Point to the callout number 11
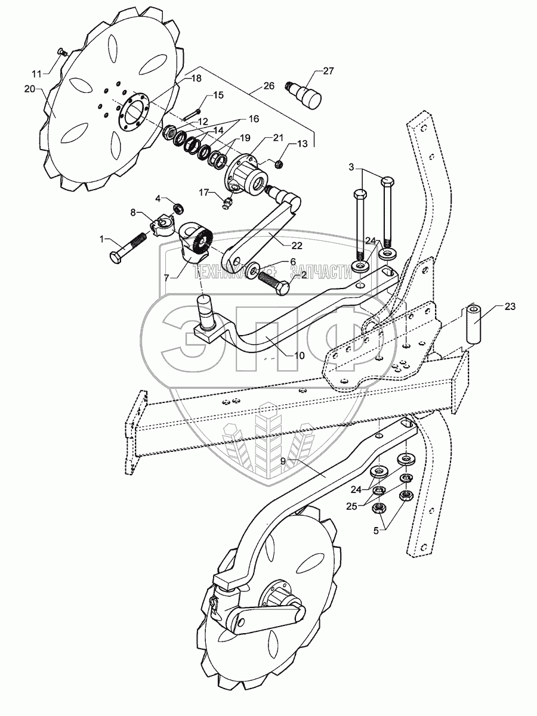[x=37, y=74]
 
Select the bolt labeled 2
[x=276, y=278]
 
